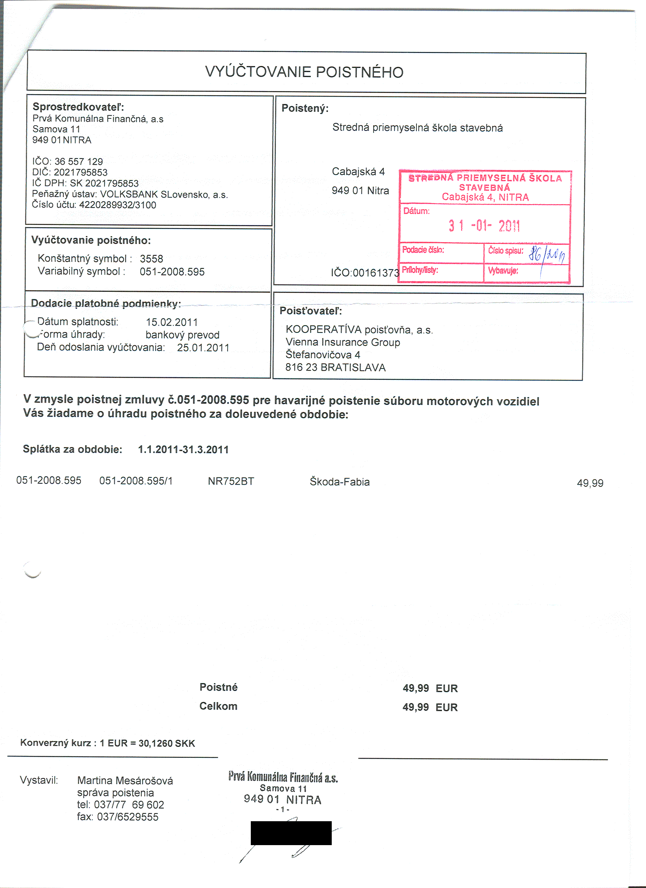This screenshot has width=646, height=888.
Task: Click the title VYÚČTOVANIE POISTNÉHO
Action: click(304, 72)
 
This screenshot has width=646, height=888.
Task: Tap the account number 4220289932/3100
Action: click(117, 205)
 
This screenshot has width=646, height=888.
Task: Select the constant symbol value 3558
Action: click(151, 259)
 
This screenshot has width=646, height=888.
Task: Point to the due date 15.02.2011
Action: click(172, 322)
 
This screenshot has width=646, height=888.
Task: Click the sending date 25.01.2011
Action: click(203, 348)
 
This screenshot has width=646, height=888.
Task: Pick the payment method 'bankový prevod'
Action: click(182, 335)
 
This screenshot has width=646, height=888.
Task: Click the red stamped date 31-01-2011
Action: click(484, 226)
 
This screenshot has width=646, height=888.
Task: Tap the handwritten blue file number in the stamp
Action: click(546, 255)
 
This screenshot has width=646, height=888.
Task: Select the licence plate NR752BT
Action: click(231, 481)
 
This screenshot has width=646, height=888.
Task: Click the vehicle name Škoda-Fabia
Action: click(339, 482)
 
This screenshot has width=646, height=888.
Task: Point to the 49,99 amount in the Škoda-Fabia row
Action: click(590, 483)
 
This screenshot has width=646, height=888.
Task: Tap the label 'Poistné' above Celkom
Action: click(218, 687)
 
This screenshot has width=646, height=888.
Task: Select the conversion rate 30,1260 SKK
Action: click(166, 743)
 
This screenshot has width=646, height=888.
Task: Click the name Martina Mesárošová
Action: click(125, 781)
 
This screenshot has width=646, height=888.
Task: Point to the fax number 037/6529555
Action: click(127, 817)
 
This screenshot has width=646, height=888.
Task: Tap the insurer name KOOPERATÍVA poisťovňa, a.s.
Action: click(359, 330)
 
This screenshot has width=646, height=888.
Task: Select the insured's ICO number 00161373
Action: click(376, 273)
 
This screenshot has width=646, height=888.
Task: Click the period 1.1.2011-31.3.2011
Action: click(183, 449)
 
